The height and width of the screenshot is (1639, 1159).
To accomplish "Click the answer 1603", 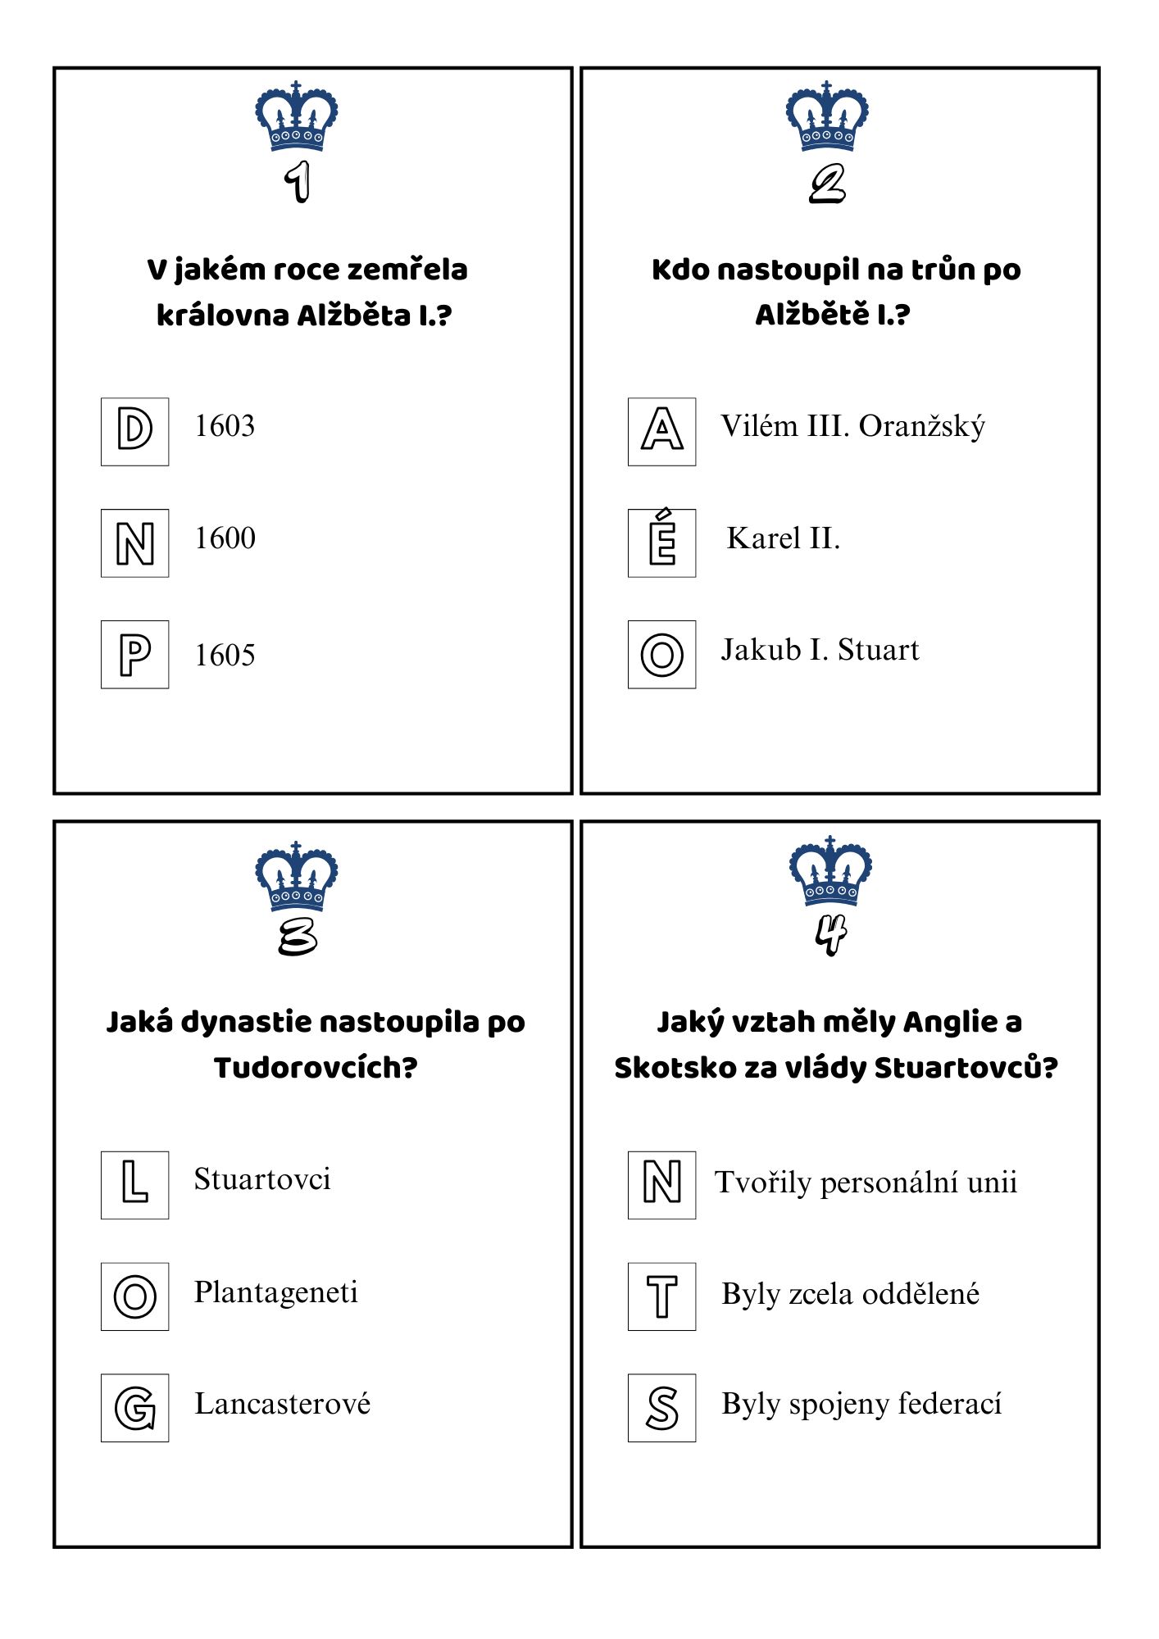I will [225, 426].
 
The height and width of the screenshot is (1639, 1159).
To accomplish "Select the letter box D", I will [135, 432].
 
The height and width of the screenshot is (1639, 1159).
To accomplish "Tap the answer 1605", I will [225, 656].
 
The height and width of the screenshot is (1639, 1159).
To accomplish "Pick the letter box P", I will [135, 655].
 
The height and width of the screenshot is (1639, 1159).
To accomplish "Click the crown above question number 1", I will [296, 116].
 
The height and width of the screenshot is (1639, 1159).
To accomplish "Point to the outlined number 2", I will [827, 184].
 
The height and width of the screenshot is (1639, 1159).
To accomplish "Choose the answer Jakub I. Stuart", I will [820, 650].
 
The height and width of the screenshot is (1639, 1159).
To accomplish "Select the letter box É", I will [662, 543].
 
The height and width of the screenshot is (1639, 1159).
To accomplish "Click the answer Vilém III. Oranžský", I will [852, 426].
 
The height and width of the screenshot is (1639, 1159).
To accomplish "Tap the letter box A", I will [662, 432].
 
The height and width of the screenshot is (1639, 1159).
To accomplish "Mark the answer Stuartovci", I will [262, 1179].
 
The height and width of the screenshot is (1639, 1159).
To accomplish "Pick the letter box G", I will [135, 1408].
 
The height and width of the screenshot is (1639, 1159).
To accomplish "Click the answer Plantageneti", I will [276, 1292].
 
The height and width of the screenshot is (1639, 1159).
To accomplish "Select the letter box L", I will [135, 1185].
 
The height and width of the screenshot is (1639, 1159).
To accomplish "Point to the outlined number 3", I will [297, 936].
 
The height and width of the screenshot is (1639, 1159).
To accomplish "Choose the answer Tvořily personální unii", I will [866, 1183].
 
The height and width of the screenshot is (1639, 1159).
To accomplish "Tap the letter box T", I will [662, 1296].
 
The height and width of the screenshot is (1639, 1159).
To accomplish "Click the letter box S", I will [662, 1408].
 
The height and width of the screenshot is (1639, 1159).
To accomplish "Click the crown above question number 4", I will [830, 871].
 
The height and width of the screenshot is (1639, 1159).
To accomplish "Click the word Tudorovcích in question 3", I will [316, 1068].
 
